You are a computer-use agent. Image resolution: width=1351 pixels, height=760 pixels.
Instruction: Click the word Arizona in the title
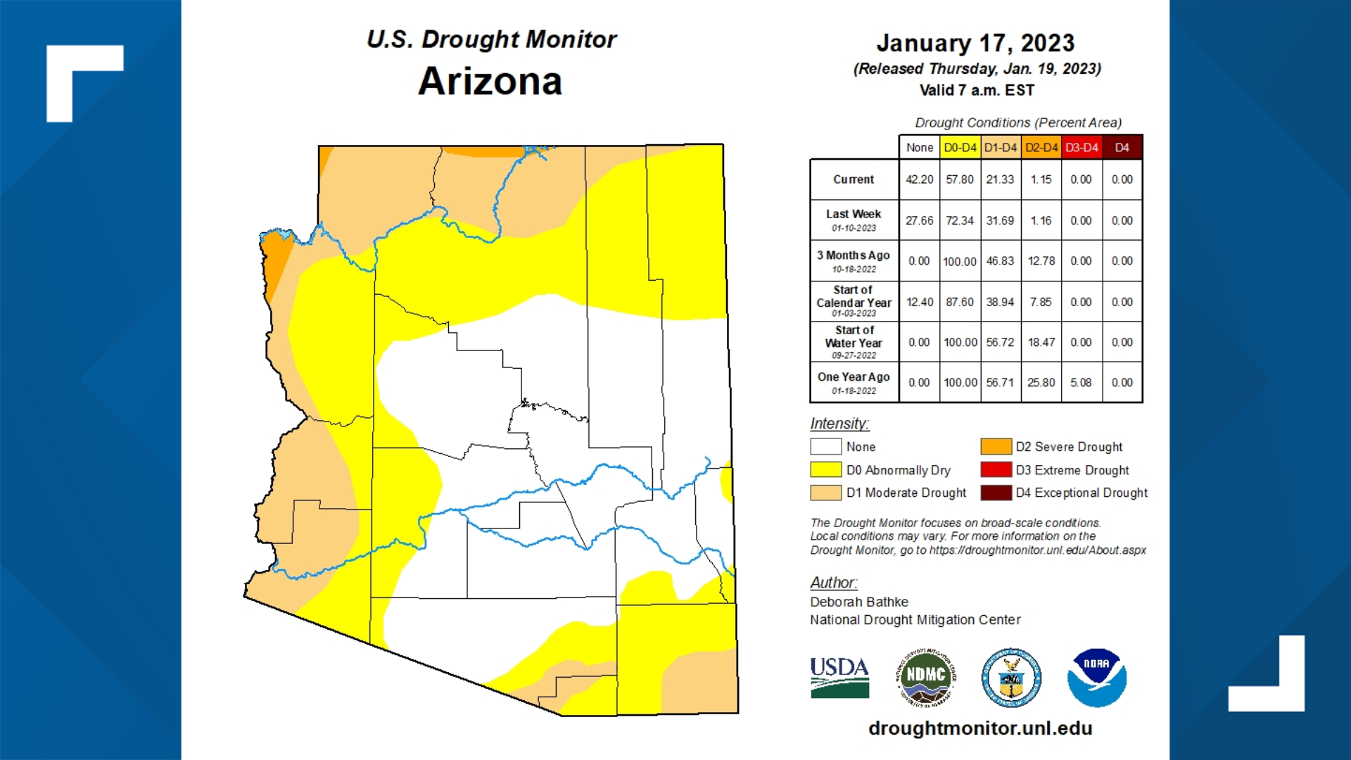click(x=490, y=82)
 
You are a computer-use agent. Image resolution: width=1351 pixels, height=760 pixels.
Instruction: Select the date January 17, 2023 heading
click(x=975, y=43)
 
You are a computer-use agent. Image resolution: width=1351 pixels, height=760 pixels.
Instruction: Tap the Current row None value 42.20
click(x=919, y=179)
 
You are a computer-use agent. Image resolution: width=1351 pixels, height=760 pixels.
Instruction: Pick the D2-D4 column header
click(x=1041, y=148)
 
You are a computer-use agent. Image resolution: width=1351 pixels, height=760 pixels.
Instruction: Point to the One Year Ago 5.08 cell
click(x=1081, y=383)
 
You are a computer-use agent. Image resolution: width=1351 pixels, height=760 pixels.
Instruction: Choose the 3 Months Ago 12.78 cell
click(x=1041, y=261)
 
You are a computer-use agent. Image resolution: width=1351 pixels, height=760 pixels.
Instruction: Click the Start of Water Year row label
click(x=854, y=342)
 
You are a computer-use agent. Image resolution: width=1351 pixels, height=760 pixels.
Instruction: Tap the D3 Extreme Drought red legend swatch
click(x=996, y=469)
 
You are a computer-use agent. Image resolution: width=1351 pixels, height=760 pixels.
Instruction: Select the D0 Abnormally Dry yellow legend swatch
click(x=825, y=469)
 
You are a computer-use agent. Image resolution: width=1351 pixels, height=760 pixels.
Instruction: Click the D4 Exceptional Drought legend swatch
click(x=996, y=493)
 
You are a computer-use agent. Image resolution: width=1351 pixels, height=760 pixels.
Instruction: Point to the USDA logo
click(x=839, y=677)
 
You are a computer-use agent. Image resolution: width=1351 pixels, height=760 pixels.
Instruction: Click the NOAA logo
click(x=1096, y=678)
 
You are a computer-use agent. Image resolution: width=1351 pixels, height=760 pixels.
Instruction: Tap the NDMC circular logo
click(x=925, y=677)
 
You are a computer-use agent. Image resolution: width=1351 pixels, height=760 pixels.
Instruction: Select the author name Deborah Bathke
click(x=858, y=602)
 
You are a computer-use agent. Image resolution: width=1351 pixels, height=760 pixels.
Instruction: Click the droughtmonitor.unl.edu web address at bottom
click(x=980, y=728)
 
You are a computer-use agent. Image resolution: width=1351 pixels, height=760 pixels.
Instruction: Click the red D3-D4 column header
click(x=1081, y=148)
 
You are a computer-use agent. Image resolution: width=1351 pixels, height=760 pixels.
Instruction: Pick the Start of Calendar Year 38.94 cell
click(x=1000, y=302)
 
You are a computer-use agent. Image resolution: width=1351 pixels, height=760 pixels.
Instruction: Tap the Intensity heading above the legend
click(x=839, y=424)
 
